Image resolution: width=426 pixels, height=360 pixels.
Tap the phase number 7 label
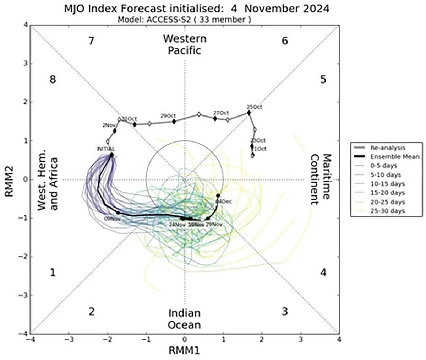(91, 41)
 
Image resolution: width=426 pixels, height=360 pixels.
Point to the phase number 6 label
(285, 41)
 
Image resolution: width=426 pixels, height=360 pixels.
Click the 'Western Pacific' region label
(185, 44)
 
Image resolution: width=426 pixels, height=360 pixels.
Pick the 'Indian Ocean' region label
(185, 319)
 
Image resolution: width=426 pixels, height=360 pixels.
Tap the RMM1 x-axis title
(184, 350)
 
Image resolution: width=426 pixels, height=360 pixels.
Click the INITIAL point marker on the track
(111, 155)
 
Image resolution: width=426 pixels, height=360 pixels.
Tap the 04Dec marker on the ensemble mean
(218, 196)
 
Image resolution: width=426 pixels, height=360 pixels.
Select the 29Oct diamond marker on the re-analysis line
(174, 122)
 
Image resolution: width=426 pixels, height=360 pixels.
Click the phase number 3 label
(285, 312)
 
